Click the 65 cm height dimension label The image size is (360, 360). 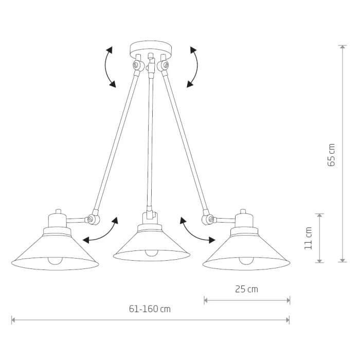click(331, 155)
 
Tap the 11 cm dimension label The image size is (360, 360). click(309, 238)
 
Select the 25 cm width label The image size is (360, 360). click(246, 289)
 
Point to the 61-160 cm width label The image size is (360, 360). click(150, 309)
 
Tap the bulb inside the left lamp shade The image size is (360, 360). click(55, 261)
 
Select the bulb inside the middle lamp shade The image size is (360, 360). click(152, 253)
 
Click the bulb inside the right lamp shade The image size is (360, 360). click(246, 261)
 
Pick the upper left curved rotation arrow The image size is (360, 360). click(105, 66)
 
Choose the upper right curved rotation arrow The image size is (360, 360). click(197, 66)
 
